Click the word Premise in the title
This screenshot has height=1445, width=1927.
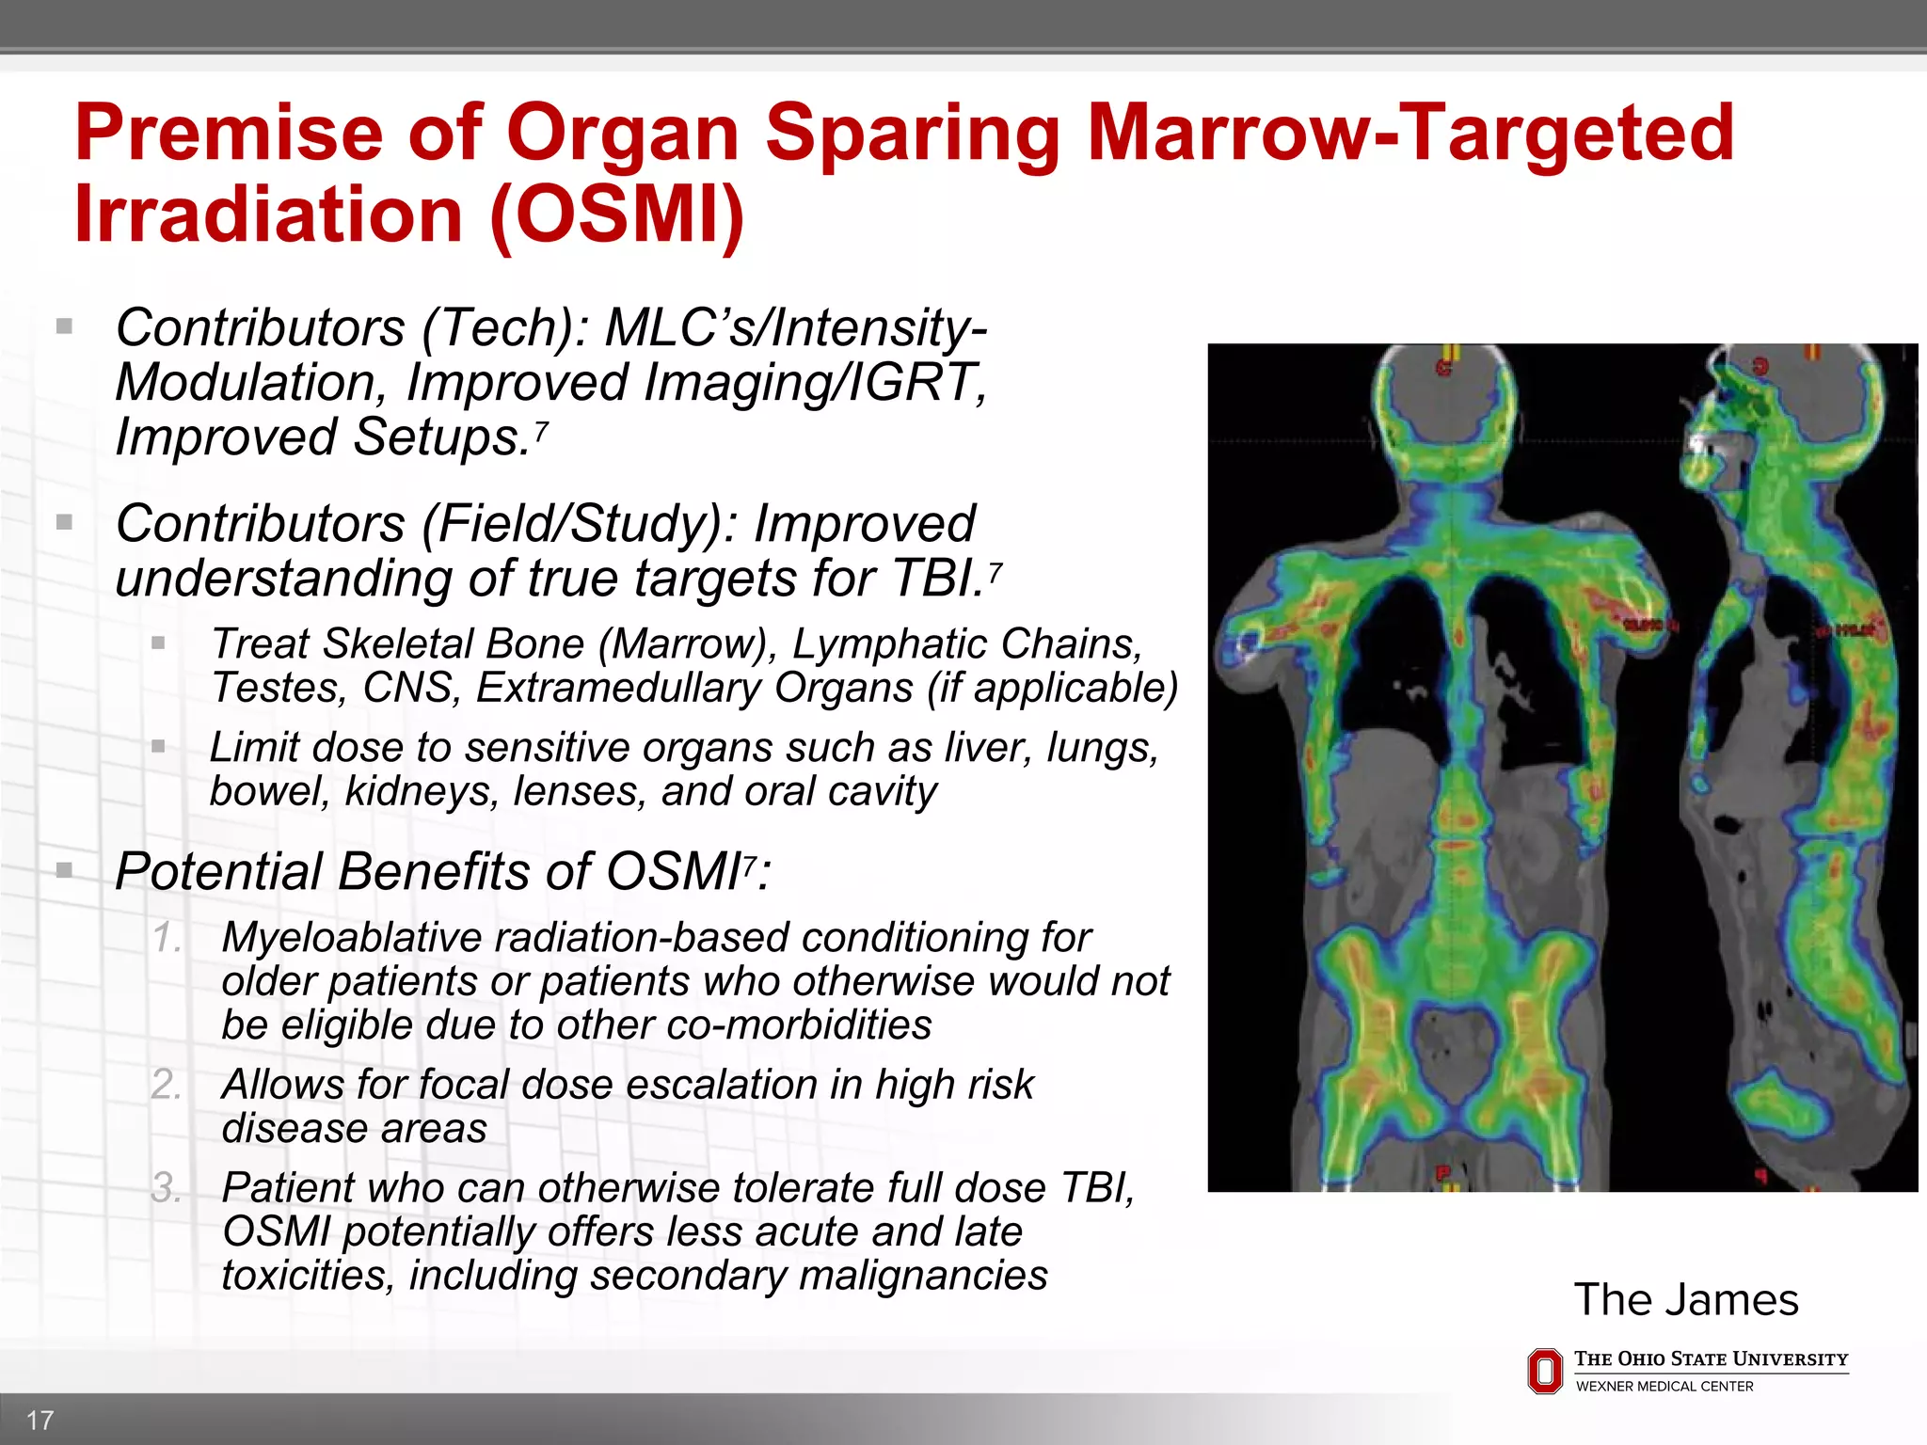tap(229, 133)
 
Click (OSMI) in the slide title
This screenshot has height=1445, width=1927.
tap(616, 214)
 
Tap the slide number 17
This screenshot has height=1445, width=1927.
tap(40, 1420)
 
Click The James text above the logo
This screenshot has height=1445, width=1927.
tap(1685, 1300)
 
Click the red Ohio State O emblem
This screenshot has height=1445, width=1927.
tap(1544, 1371)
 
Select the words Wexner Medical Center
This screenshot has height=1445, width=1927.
tap(1664, 1387)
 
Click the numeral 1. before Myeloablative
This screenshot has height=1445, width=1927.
tap(167, 938)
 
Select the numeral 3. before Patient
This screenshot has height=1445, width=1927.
tap(167, 1188)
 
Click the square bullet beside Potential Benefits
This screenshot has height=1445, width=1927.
tap(64, 869)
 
